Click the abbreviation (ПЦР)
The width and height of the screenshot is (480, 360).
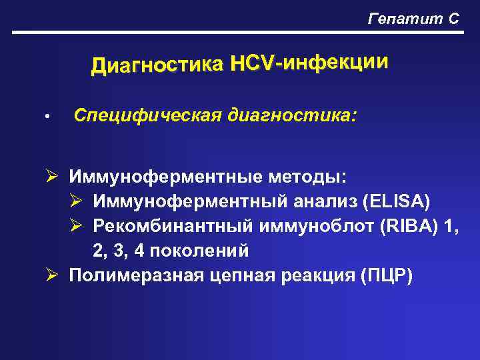[x=386, y=275]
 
